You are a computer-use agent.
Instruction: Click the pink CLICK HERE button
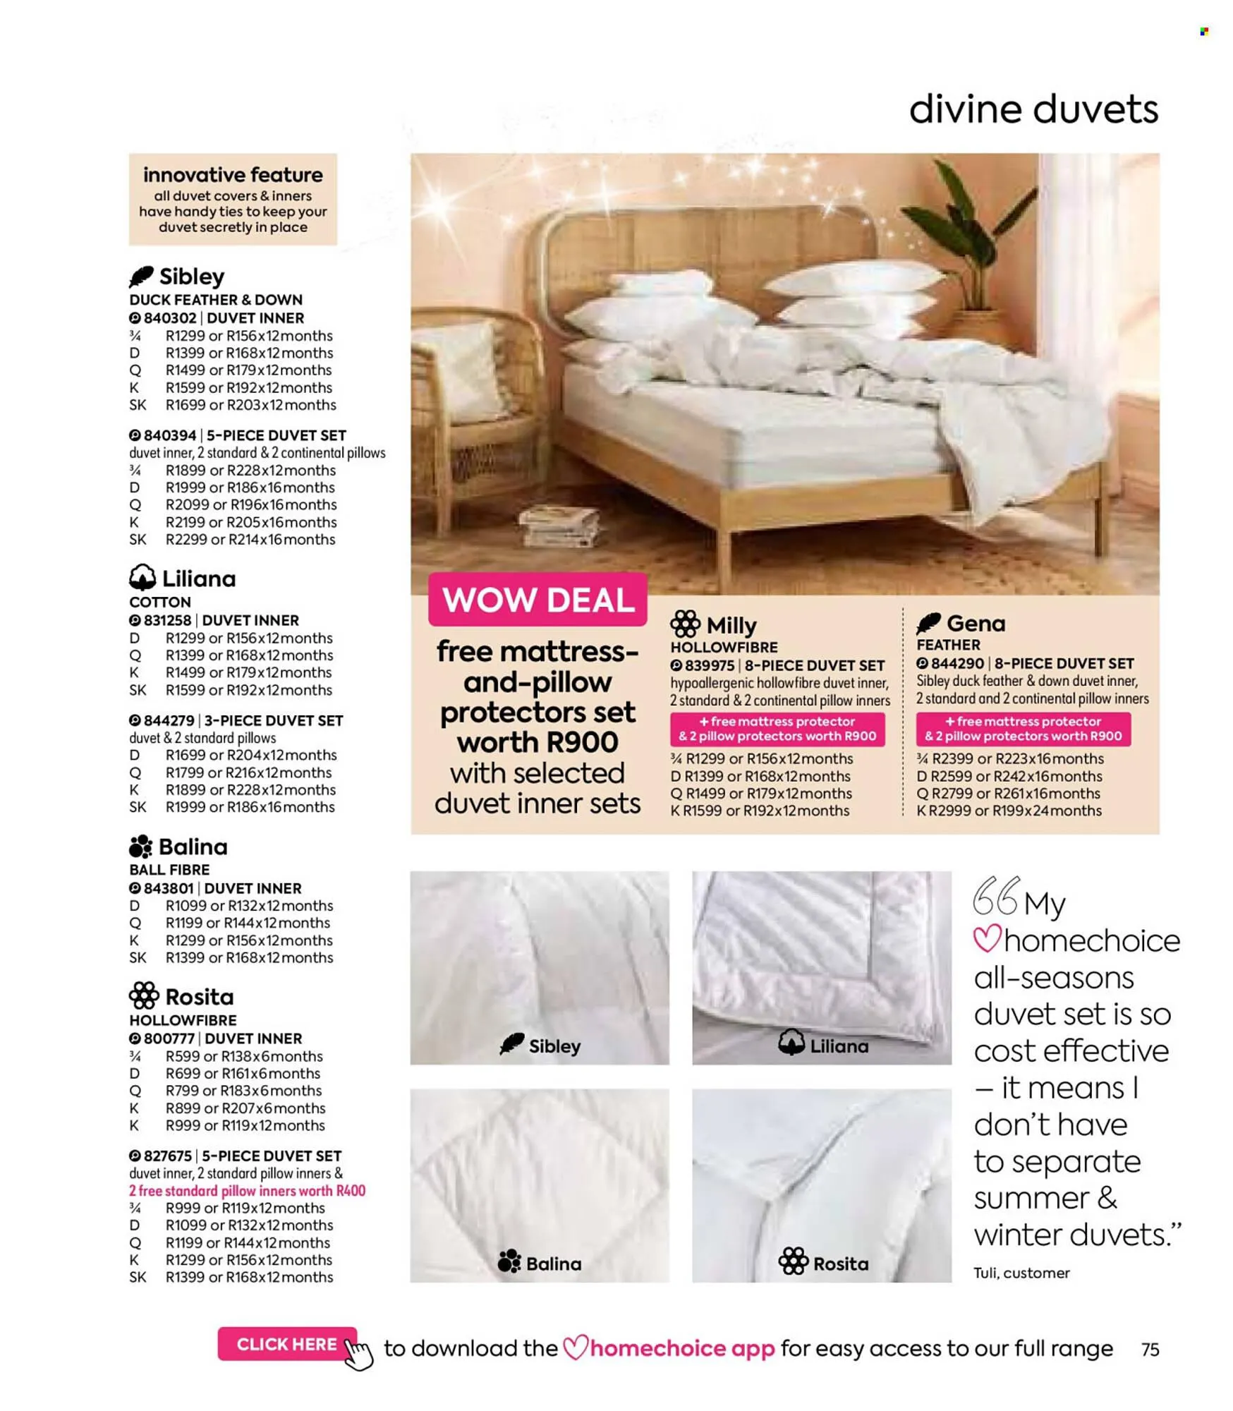tap(286, 1344)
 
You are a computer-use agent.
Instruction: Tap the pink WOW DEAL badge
tap(537, 600)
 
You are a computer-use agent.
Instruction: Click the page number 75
tap(1150, 1350)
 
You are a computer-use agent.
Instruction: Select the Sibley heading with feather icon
tap(177, 277)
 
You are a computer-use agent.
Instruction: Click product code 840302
tap(169, 318)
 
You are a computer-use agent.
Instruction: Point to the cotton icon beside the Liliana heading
tap(142, 578)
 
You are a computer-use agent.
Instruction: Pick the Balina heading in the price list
tap(178, 847)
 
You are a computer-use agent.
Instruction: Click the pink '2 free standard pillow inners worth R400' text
tap(247, 1191)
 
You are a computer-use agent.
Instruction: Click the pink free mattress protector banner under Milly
tap(777, 729)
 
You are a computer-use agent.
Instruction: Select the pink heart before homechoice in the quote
tap(987, 940)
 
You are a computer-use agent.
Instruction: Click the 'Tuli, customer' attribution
tap(1021, 1273)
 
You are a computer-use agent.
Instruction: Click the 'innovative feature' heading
tap(233, 175)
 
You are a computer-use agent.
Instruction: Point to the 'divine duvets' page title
tap(1033, 110)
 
